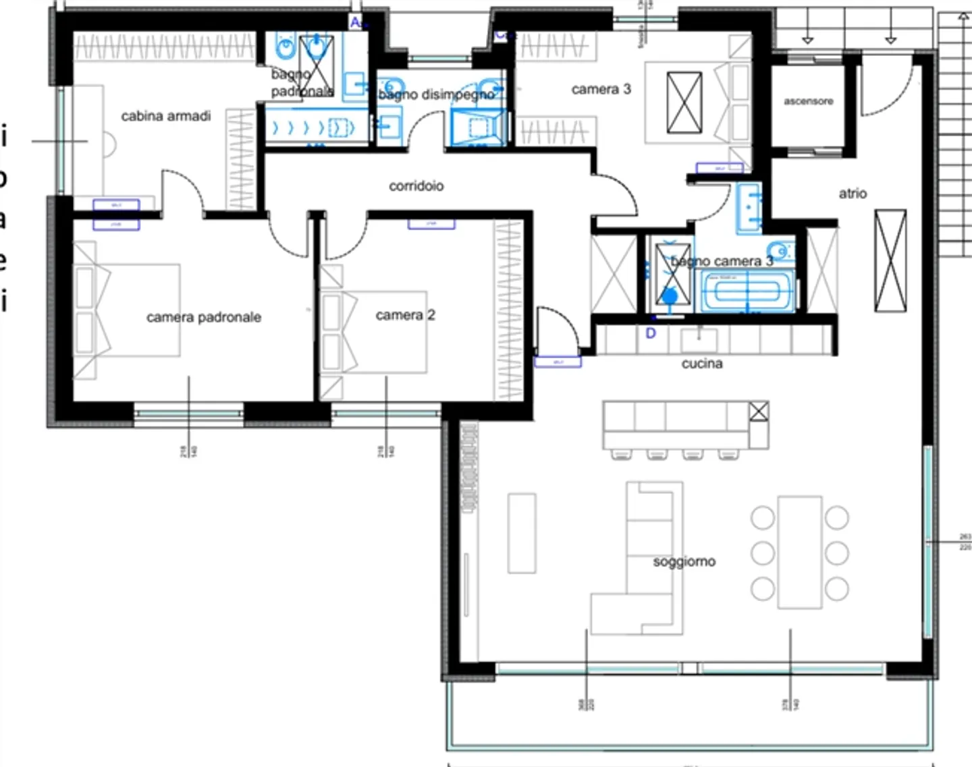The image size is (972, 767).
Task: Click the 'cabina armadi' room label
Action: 165,116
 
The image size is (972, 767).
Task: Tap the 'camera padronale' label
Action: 203,317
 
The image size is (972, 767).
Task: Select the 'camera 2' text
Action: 405,315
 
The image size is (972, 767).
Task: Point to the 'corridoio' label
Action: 416,186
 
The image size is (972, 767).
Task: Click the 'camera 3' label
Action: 601,89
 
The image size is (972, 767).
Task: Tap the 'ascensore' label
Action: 808,101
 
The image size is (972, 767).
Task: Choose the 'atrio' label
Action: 853,194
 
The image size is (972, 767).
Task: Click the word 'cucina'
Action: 702,364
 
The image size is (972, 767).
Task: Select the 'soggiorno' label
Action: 684,561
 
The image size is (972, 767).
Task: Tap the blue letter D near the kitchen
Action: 651,333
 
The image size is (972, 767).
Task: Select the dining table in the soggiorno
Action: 799,552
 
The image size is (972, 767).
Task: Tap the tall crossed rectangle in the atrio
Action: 890,260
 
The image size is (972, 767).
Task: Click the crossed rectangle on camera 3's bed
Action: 684,103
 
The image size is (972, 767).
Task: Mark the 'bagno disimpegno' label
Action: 436,95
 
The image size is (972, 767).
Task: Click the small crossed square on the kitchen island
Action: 759,411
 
